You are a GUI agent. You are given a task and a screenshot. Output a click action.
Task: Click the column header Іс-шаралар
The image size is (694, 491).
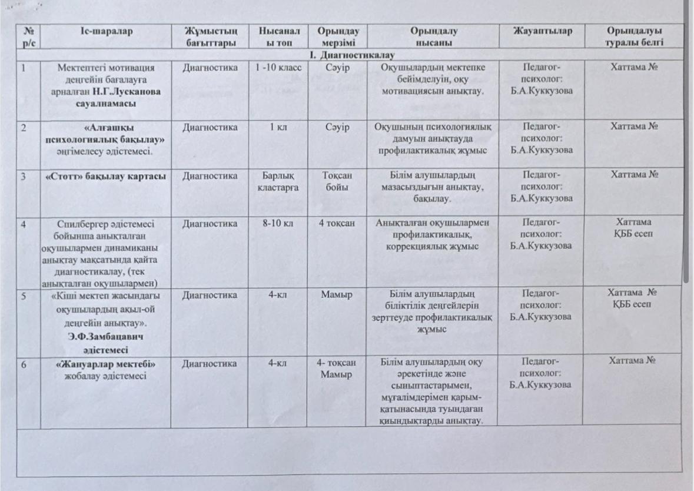[106, 31]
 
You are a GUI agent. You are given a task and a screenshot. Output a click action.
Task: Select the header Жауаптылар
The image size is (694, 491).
[542, 31]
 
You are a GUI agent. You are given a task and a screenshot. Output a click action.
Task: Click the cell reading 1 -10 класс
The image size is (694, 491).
[278, 68]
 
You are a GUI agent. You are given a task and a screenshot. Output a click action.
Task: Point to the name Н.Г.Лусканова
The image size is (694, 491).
[128, 92]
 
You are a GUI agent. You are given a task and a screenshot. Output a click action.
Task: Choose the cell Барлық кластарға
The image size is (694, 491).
[277, 181]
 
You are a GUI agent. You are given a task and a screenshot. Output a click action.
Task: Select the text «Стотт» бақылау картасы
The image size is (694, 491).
[105, 176]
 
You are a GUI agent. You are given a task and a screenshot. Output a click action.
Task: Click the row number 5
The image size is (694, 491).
[24, 295]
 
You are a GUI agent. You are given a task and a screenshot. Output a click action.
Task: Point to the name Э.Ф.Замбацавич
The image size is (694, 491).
[105, 336]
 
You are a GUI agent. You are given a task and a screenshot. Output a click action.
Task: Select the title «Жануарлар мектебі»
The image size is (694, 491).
[105, 364]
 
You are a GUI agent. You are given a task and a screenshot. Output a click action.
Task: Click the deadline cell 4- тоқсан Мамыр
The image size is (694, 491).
[337, 369]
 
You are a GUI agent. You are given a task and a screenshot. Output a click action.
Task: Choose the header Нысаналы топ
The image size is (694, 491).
[278, 37]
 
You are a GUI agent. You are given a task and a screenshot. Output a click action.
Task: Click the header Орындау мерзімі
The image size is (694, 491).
[337, 37]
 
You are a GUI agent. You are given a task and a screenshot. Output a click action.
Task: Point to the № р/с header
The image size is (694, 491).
[28, 37]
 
